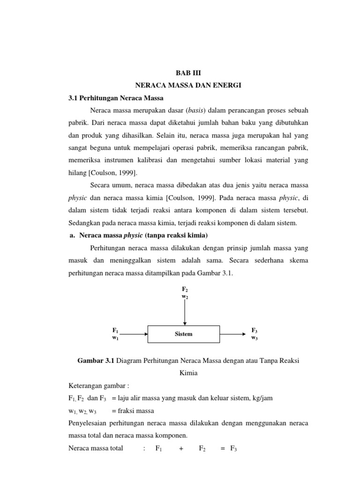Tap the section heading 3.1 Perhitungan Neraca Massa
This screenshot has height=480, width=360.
click(x=113, y=98)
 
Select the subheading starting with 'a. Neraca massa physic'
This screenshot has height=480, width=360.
click(x=136, y=235)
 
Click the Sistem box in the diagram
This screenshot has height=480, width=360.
click(x=183, y=334)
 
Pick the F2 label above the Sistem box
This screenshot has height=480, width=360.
click(x=185, y=290)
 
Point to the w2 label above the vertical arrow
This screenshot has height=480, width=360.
click(x=185, y=297)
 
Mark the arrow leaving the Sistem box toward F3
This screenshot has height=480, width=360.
click(x=232, y=334)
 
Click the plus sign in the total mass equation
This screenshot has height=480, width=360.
click(x=181, y=448)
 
